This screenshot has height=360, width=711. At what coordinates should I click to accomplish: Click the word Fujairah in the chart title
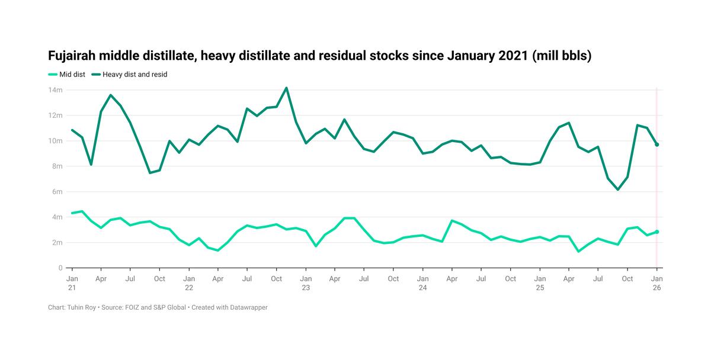click(x=72, y=56)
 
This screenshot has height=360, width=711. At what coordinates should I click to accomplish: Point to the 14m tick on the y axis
click(x=56, y=90)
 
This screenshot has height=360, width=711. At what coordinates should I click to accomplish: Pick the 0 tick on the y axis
click(x=60, y=268)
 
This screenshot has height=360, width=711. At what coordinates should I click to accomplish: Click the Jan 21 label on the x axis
click(x=72, y=283)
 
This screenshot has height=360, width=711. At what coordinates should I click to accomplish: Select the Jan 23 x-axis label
click(x=306, y=283)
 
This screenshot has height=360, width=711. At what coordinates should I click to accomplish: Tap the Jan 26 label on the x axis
click(x=656, y=283)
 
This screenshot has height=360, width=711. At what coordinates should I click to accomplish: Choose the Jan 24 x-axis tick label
click(x=422, y=283)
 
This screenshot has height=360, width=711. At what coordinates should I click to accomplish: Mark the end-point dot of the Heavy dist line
click(x=656, y=144)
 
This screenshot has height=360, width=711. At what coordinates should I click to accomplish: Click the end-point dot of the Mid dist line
click(x=656, y=232)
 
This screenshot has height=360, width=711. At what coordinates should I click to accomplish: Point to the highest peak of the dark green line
click(x=286, y=88)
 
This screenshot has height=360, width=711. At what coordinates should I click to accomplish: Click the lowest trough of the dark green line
click(x=618, y=189)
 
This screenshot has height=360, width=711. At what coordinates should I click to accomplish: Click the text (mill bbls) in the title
click(x=562, y=56)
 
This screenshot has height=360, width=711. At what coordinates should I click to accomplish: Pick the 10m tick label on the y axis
click(x=56, y=141)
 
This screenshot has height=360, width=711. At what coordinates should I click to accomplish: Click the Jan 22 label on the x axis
click(x=189, y=283)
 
